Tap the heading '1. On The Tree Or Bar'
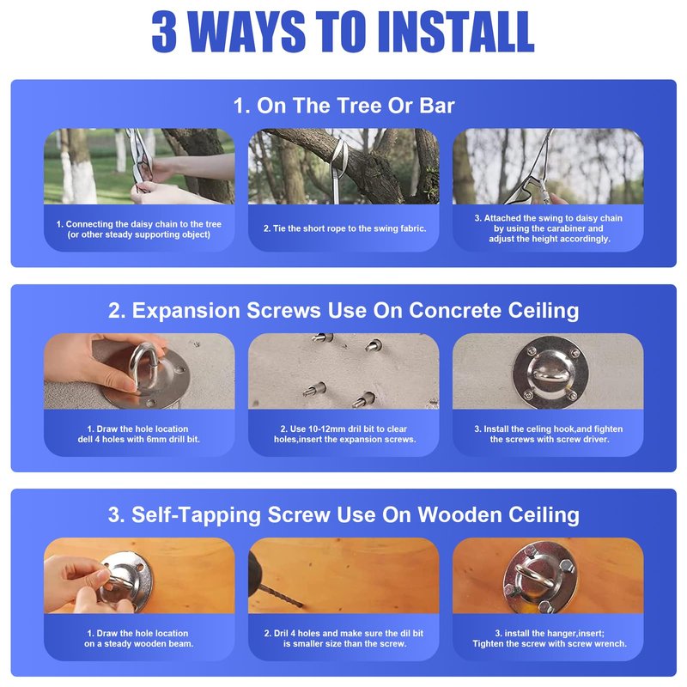[344, 106]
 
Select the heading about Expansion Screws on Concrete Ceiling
[343, 310]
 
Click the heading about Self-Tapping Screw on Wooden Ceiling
[343, 514]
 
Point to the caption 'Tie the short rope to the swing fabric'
[345, 228]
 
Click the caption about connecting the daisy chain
[139, 229]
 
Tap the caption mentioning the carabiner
[549, 228]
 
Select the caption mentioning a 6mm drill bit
[139, 434]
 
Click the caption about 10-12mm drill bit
[345, 434]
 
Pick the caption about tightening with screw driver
[549, 434]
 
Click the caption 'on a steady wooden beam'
[139, 643]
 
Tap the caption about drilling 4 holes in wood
[344, 638]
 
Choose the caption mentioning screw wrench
[550, 638]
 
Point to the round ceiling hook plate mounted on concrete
[550, 372]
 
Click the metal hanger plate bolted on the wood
[540, 576]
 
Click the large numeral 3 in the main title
[165, 32]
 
